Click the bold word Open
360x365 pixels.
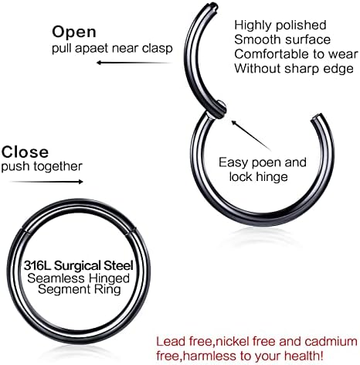(74, 32)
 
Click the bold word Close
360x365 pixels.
(25, 152)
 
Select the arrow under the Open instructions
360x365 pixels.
(134, 63)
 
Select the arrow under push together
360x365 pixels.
(46, 182)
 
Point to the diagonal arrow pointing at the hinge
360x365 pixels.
(251, 135)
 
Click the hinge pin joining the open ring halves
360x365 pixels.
(219, 110)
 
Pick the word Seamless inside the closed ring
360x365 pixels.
(56, 278)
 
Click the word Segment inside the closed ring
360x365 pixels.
(64, 290)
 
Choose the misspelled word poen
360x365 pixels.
(267, 163)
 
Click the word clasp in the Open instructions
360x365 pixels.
(158, 49)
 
